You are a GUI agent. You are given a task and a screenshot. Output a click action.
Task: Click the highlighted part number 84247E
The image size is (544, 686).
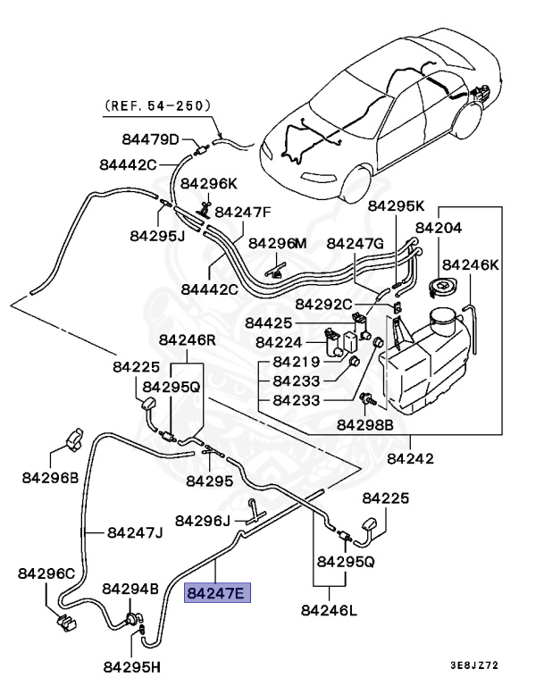[218, 591]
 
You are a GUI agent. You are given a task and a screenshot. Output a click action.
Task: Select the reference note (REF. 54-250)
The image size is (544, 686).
[158, 105]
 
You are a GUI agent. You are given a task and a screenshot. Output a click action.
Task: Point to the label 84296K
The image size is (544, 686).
[209, 183]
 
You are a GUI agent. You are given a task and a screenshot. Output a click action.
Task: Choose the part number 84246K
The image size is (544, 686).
[471, 264]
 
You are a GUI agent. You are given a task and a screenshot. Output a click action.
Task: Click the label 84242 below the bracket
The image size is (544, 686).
[410, 459]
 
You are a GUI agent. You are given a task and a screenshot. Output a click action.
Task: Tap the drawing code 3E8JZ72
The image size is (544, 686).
[488, 665]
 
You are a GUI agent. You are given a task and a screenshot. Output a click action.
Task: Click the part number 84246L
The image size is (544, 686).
[329, 610]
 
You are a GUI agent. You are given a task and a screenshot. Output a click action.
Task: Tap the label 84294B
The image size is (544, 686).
[130, 589]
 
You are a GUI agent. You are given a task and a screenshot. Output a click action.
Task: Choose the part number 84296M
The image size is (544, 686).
[277, 243]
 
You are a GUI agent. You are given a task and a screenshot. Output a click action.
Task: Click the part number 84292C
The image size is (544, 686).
[323, 304]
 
